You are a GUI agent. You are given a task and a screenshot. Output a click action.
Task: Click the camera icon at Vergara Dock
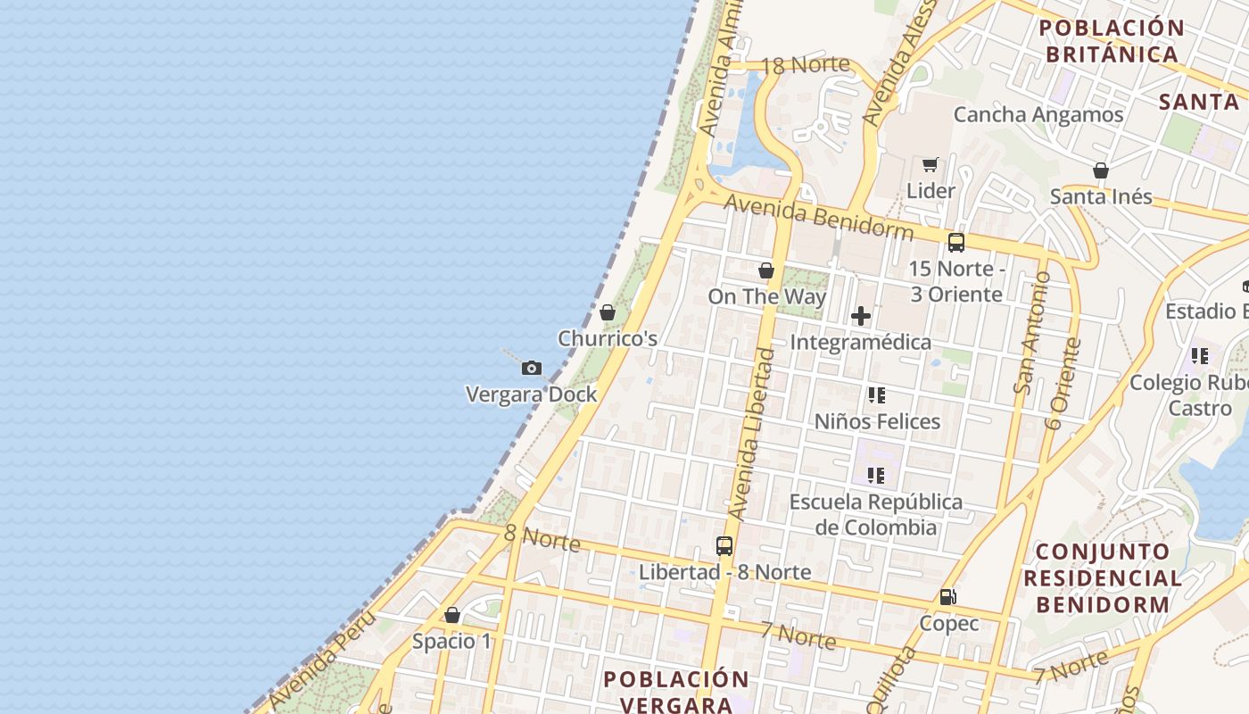pyautogui.click(x=532, y=368)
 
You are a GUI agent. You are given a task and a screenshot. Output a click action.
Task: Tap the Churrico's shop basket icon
pyautogui.click(x=608, y=312)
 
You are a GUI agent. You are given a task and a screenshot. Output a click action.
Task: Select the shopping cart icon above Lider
pyautogui.click(x=931, y=164)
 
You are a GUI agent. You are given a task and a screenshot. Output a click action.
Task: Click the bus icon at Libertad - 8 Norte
pyautogui.click(x=724, y=545)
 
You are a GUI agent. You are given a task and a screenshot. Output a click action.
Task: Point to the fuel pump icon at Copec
pyautogui.click(x=948, y=597)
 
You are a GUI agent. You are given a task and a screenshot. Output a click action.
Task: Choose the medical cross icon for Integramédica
pyautogui.click(x=861, y=316)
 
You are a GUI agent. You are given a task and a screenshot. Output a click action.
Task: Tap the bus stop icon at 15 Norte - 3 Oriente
pyautogui.click(x=956, y=242)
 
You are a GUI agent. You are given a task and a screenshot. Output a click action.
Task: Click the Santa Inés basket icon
pyautogui.click(x=1101, y=170)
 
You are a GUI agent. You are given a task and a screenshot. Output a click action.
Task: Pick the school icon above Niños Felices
pyautogui.click(x=877, y=394)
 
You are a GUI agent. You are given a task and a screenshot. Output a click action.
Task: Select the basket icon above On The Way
pyautogui.click(x=766, y=270)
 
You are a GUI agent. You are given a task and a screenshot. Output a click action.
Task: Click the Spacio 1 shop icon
pyautogui.click(x=452, y=615)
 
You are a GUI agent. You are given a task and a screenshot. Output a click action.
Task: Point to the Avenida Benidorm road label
pyautogui.click(x=818, y=217)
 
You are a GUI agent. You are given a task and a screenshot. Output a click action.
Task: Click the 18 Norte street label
pyautogui.click(x=806, y=64)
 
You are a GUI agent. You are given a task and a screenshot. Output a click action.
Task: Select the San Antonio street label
pyautogui.click(x=1033, y=332)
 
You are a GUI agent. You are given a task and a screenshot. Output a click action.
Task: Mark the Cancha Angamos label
pyautogui.click(x=1038, y=114)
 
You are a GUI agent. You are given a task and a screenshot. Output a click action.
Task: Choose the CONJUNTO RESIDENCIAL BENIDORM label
pyautogui.click(x=1102, y=577)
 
